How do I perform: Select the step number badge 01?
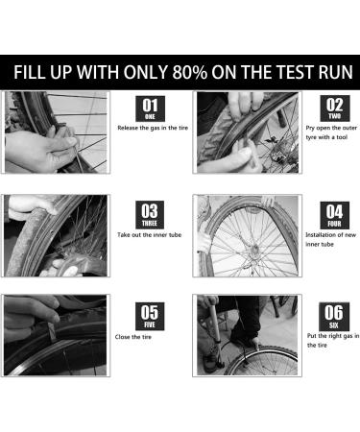(151, 108)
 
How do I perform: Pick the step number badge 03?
(151, 212)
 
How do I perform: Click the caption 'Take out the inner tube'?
(152, 233)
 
